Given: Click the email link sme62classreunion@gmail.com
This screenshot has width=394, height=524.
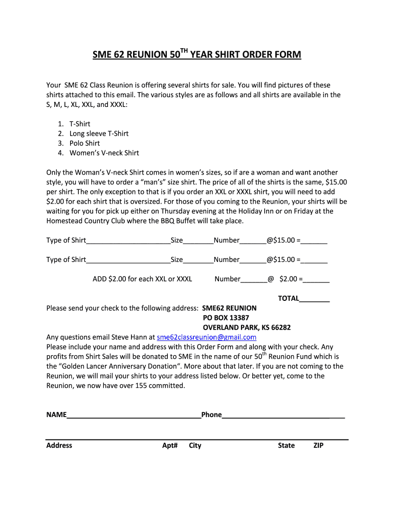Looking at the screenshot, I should point(206,337).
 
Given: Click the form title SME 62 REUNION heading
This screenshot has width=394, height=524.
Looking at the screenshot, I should point(196,54).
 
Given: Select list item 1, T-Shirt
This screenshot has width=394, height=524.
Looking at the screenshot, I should point(80,124).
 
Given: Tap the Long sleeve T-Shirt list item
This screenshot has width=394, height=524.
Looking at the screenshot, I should point(99,134).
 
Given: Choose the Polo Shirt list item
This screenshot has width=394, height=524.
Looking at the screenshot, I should point(84,143).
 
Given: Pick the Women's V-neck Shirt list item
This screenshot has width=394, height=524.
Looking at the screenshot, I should point(104,153).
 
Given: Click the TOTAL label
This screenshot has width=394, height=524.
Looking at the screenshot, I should point(289,298).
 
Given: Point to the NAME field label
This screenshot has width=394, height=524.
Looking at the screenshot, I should point(56,415).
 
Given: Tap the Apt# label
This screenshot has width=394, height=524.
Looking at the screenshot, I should point(170,446).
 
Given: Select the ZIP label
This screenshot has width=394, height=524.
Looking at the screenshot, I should point(318,446).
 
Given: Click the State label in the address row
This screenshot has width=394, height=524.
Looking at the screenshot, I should point(286,446).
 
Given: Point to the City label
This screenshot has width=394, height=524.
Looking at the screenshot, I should point(195,446).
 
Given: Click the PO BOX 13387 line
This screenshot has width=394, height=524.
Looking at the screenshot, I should point(226,318).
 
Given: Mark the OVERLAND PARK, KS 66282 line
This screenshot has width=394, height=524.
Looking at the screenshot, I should point(247,327).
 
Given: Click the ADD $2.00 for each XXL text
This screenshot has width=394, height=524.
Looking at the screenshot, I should point(142,279).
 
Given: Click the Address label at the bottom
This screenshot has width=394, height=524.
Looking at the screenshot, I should point(59,446).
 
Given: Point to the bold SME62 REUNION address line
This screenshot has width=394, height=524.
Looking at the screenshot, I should point(229,308).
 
